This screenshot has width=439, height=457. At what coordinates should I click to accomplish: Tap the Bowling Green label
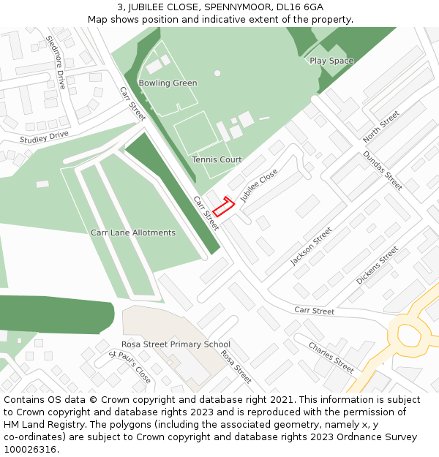point(168,83)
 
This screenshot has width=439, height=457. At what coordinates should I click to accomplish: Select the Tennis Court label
point(217,159)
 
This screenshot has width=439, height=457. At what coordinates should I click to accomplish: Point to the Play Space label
point(331,61)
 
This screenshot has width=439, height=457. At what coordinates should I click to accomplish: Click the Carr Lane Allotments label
point(133,233)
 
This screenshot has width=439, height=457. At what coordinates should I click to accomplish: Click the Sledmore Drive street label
point(56,62)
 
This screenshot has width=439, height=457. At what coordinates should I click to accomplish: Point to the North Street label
point(381,126)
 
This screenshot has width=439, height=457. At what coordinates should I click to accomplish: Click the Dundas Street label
point(383,170)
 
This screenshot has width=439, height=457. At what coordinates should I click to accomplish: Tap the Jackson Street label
point(311,246)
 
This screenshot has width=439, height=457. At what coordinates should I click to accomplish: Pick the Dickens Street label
point(377,265)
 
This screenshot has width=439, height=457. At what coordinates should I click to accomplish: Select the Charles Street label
point(331,357)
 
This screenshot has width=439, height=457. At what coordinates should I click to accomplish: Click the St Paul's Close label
point(130,366)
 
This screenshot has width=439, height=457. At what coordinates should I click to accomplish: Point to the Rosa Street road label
point(236,366)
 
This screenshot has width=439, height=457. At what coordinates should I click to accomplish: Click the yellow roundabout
point(409,334)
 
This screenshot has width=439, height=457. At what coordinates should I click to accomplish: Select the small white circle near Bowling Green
point(217,73)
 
